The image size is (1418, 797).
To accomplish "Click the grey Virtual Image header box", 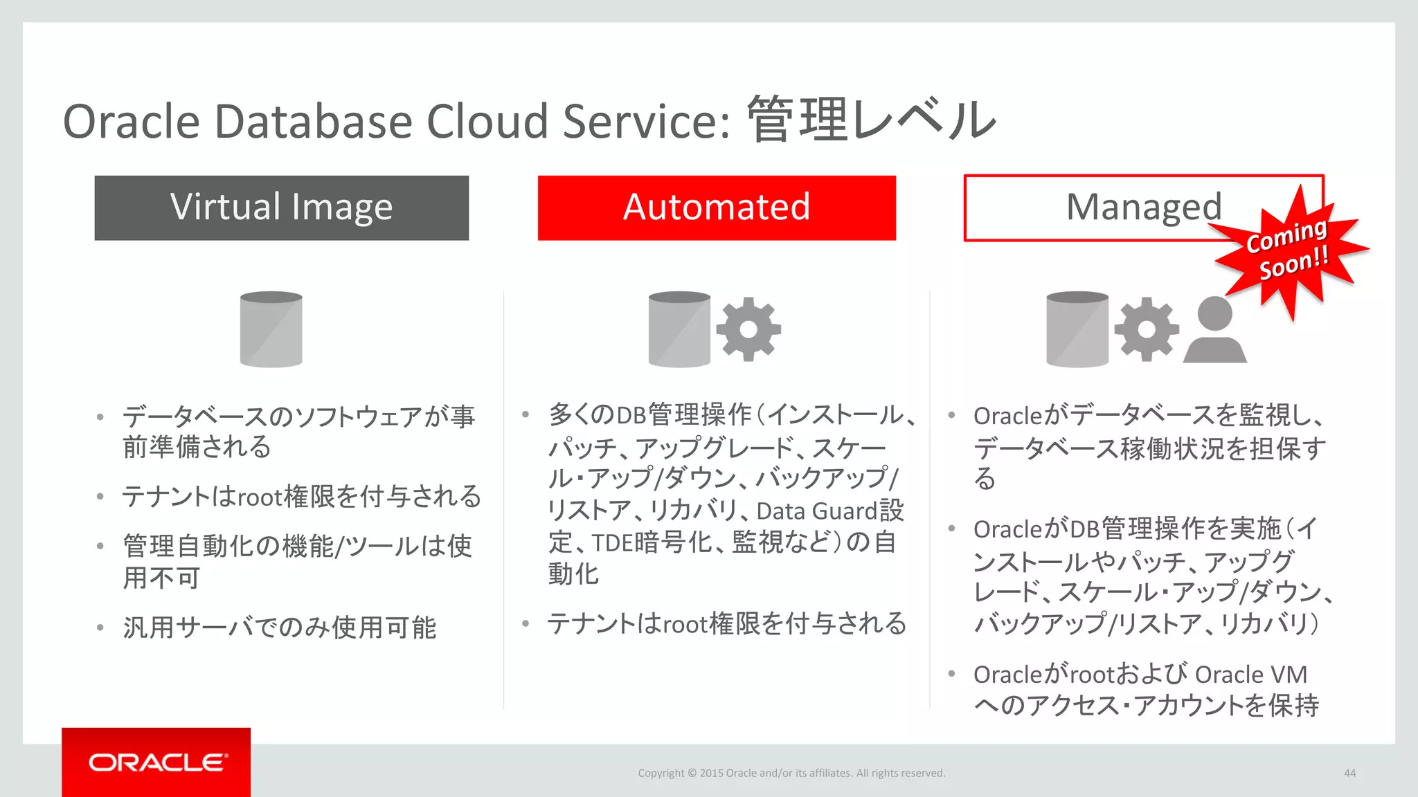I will coord(281,208).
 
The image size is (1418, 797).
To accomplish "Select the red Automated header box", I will coord(717,208).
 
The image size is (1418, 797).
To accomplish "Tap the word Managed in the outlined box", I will coord(1143,207).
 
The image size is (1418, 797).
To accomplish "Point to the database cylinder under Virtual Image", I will coord(271,329).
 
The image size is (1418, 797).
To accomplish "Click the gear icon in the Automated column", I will coord(748,329).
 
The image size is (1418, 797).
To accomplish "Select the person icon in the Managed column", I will coord(1214,331).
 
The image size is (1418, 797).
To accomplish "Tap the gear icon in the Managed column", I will coord(1147,329).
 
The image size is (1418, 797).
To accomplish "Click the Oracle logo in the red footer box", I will coord(157,762).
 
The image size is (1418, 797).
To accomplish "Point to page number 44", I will coord(1349,773).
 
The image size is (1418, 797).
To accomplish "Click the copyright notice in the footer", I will coord(791,773).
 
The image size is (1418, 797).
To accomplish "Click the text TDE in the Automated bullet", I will coord(612,543).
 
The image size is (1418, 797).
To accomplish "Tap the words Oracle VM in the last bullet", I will coord(1250,675).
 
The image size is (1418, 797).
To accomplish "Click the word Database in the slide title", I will coord(314,122).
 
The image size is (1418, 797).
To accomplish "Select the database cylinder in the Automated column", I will coord(679,329).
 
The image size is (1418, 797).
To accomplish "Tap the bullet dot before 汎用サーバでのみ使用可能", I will coord(101,628).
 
